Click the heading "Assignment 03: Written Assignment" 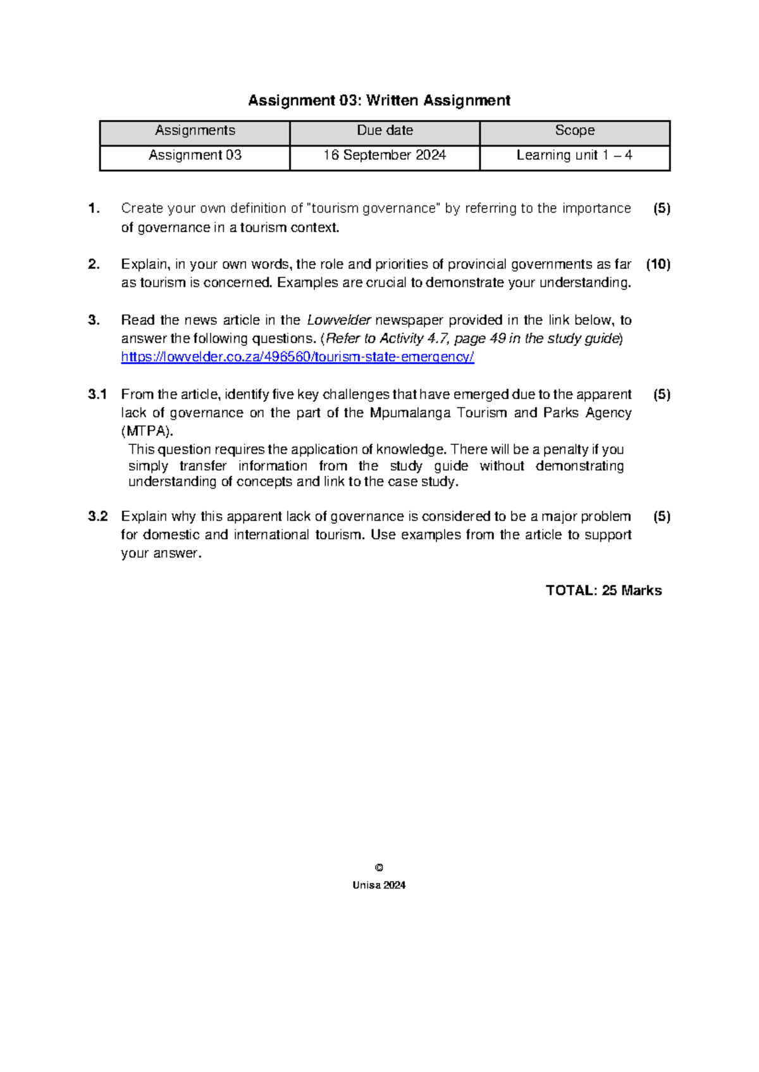(379, 100)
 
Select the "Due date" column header (385, 131)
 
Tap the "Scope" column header (574, 131)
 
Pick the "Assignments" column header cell (195, 131)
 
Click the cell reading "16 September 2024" (385, 155)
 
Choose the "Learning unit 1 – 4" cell (574, 155)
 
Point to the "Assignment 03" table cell (195, 155)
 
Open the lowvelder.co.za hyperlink (297, 357)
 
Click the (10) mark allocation (658, 264)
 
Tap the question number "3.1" (97, 394)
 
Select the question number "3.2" (97, 516)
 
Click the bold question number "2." (94, 264)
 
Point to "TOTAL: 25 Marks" (603, 590)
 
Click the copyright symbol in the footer (379, 868)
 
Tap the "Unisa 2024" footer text (379, 886)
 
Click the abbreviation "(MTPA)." (147, 432)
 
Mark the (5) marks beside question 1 (662, 209)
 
